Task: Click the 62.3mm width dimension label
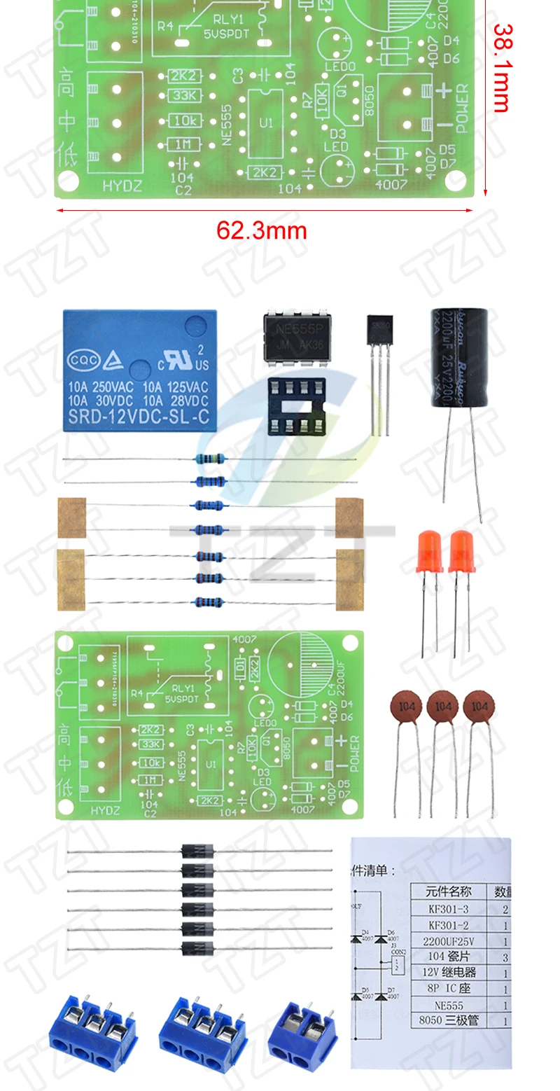pos(261,230)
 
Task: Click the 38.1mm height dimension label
pos(501,69)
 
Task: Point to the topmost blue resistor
pos(209,459)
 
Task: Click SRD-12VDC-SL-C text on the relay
pos(139,419)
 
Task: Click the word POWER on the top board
pos(463,109)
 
